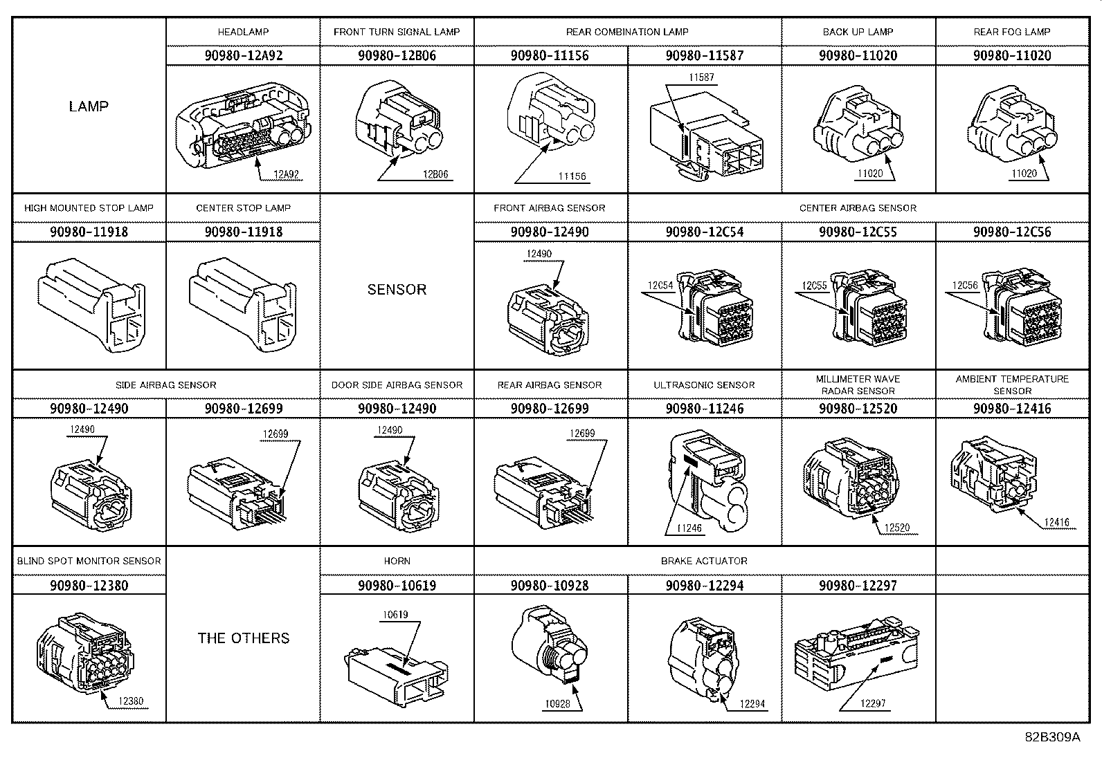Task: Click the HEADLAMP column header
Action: (x=243, y=32)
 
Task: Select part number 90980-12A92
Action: (x=244, y=55)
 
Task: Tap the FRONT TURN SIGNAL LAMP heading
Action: (x=397, y=32)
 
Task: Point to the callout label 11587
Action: (x=701, y=77)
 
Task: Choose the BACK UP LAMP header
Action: (x=858, y=32)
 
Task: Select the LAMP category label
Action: (x=89, y=106)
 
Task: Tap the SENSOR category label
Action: (x=397, y=290)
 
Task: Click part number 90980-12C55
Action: (x=858, y=232)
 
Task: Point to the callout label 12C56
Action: (x=965, y=286)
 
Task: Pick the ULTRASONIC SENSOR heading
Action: (x=704, y=385)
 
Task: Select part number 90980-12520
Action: (x=858, y=409)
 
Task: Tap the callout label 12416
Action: (x=1056, y=522)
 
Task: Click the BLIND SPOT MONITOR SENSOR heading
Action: (x=89, y=561)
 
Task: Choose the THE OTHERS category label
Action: (x=244, y=638)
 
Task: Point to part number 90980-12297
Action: (x=858, y=586)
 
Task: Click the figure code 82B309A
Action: (x=1053, y=737)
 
